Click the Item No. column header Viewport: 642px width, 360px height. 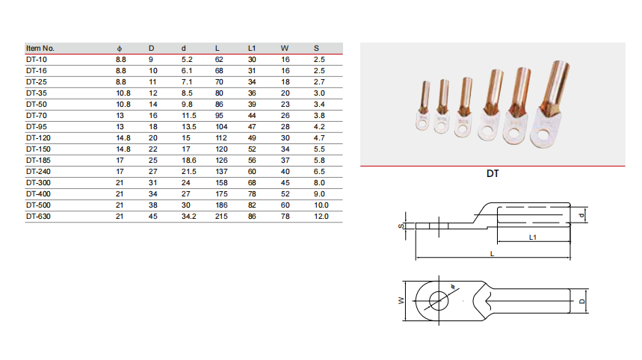tap(40, 49)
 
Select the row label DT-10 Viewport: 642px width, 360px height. tap(37, 60)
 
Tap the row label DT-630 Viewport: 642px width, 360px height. tap(38, 217)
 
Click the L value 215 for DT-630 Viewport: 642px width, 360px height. tap(221, 217)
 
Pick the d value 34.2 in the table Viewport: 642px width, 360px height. tap(189, 217)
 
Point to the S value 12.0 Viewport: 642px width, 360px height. tap(321, 217)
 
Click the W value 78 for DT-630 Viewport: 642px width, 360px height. tap(285, 217)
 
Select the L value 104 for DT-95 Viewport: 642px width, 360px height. tap(221, 127)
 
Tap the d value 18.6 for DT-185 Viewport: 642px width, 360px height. tap(189, 161)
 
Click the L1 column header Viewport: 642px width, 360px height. tap(252, 49)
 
